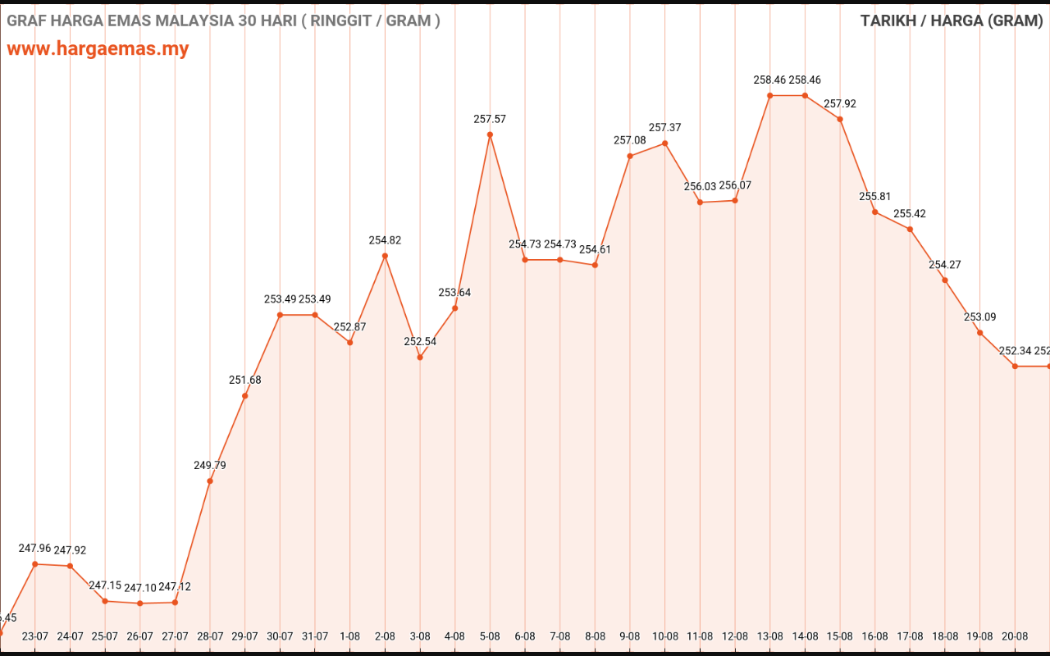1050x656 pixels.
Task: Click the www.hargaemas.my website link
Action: click(x=98, y=48)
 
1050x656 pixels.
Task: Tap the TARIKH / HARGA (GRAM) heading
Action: click(x=952, y=20)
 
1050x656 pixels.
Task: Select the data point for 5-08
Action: click(x=490, y=134)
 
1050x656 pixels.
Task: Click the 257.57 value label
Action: click(x=490, y=119)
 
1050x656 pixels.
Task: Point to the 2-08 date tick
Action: click(x=385, y=636)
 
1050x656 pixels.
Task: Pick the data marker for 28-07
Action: click(x=210, y=481)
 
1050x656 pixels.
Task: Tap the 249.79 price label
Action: click(x=210, y=465)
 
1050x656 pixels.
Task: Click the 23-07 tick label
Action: click(x=35, y=636)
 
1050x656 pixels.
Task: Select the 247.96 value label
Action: click(x=35, y=548)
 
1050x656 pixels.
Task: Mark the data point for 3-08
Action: click(x=420, y=358)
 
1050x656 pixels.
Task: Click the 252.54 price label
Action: click(x=420, y=341)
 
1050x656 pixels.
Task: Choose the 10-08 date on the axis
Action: click(x=664, y=636)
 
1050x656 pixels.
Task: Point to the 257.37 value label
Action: click(x=664, y=127)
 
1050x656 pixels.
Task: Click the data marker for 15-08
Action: click(x=840, y=120)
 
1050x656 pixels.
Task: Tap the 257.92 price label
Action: click(x=840, y=104)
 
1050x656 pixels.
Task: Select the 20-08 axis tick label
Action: click(x=1015, y=636)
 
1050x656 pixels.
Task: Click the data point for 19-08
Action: click(x=979, y=333)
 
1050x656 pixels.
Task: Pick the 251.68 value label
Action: click(x=244, y=380)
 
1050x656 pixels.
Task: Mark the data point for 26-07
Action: click(x=140, y=604)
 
